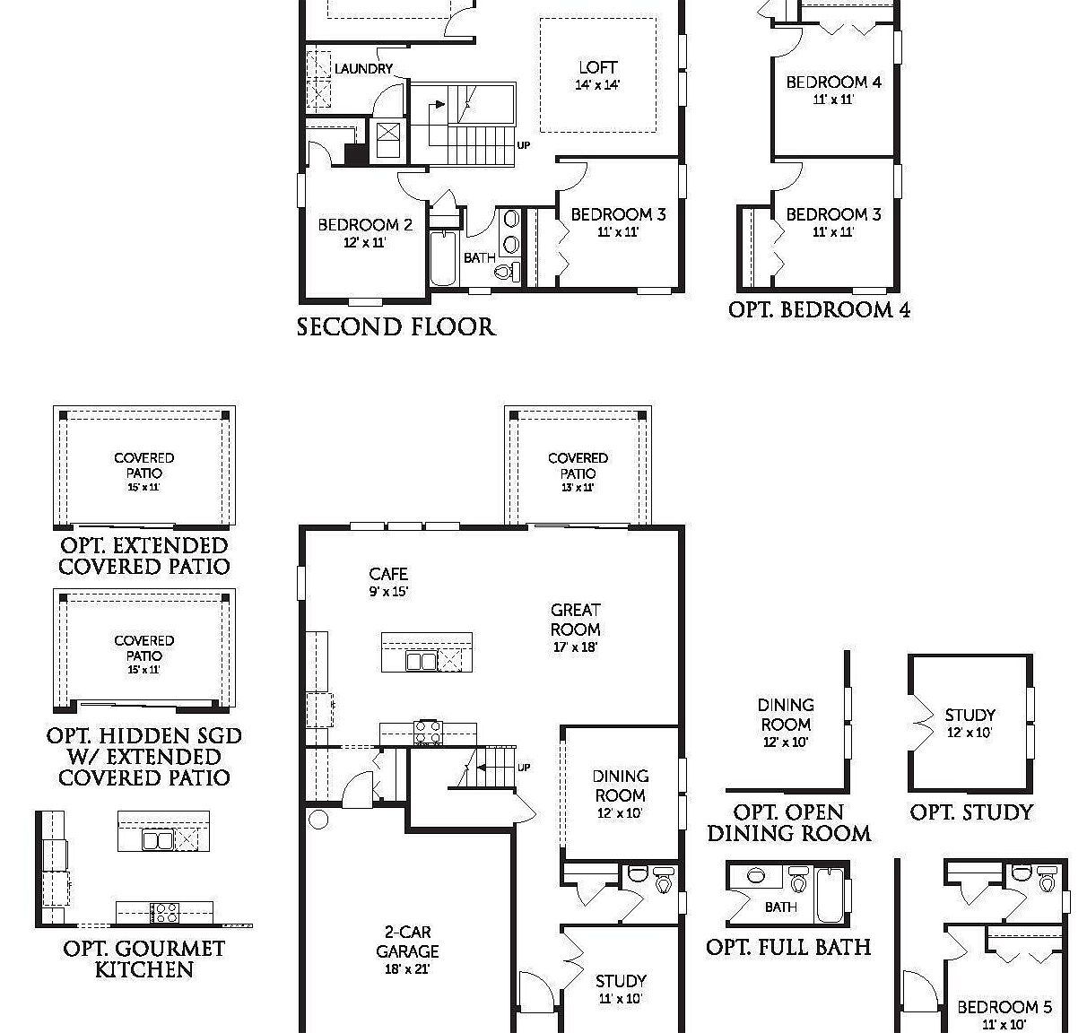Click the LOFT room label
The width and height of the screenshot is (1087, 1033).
597,67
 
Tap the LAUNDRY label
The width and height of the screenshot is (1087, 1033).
363,69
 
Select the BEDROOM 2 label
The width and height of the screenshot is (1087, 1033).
364,225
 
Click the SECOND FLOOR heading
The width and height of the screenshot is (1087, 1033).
396,327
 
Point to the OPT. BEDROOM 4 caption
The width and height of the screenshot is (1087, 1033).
819,310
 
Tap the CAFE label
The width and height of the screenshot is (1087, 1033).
388,574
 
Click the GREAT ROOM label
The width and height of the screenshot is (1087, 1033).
575,620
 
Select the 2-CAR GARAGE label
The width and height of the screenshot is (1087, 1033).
407,942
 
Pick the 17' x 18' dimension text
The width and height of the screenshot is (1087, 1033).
575,647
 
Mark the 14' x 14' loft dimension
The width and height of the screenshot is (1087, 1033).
597,85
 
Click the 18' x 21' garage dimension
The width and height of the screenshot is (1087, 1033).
407,969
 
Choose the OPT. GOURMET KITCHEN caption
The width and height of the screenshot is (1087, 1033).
143,959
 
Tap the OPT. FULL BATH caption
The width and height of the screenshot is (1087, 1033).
788,947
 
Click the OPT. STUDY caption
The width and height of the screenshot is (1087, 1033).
971,812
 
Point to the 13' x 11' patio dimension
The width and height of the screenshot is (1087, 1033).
578,488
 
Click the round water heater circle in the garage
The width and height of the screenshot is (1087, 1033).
317,819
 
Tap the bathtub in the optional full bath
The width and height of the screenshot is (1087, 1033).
830,893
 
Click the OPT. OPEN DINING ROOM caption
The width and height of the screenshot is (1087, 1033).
788,823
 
